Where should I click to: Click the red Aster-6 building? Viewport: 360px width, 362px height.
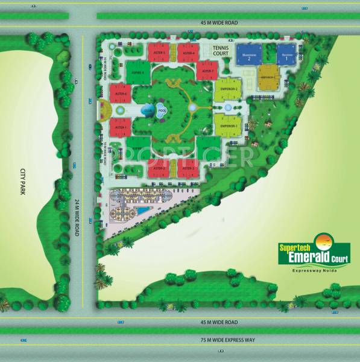pyautogui.click(x=121, y=94)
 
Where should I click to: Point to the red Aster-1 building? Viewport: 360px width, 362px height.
pyautogui.click(x=121, y=127)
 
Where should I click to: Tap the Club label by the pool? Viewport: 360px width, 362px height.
pyautogui.click(x=148, y=111)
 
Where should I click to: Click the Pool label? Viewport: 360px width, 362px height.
pyautogui.click(x=162, y=111)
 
